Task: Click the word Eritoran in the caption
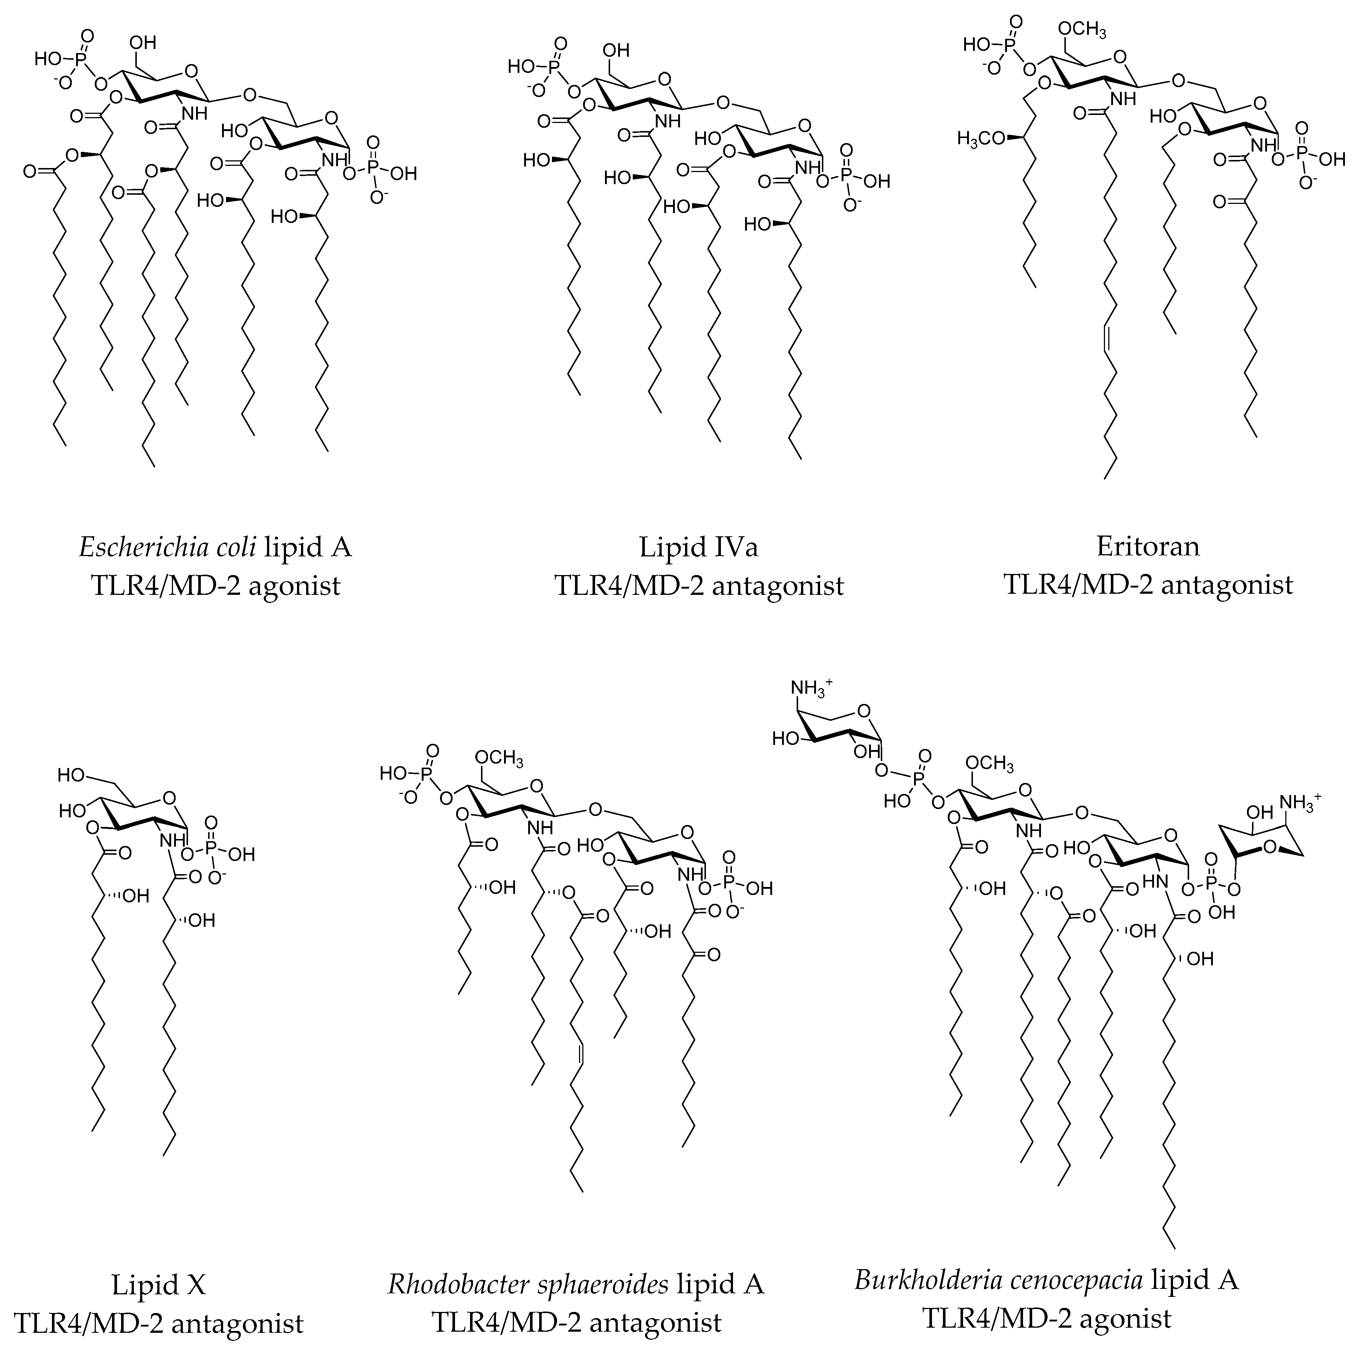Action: (x=1148, y=546)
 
